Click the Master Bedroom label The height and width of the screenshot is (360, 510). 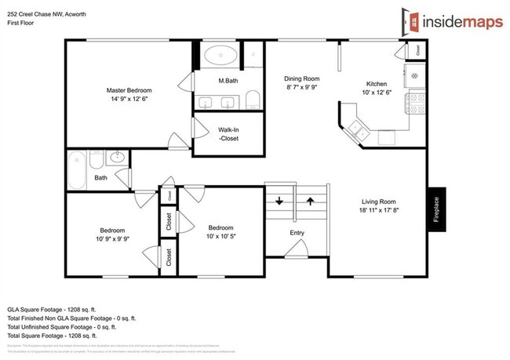point(129,91)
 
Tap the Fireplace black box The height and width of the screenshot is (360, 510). point(437,209)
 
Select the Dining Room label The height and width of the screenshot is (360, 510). point(302,79)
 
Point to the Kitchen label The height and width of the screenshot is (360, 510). point(377,85)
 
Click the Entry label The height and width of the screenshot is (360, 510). point(297,233)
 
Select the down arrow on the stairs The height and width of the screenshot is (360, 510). point(279,201)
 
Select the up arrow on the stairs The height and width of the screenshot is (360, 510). point(310,201)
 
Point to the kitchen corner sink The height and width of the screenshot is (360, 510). point(358,129)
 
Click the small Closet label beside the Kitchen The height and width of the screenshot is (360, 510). point(418,49)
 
